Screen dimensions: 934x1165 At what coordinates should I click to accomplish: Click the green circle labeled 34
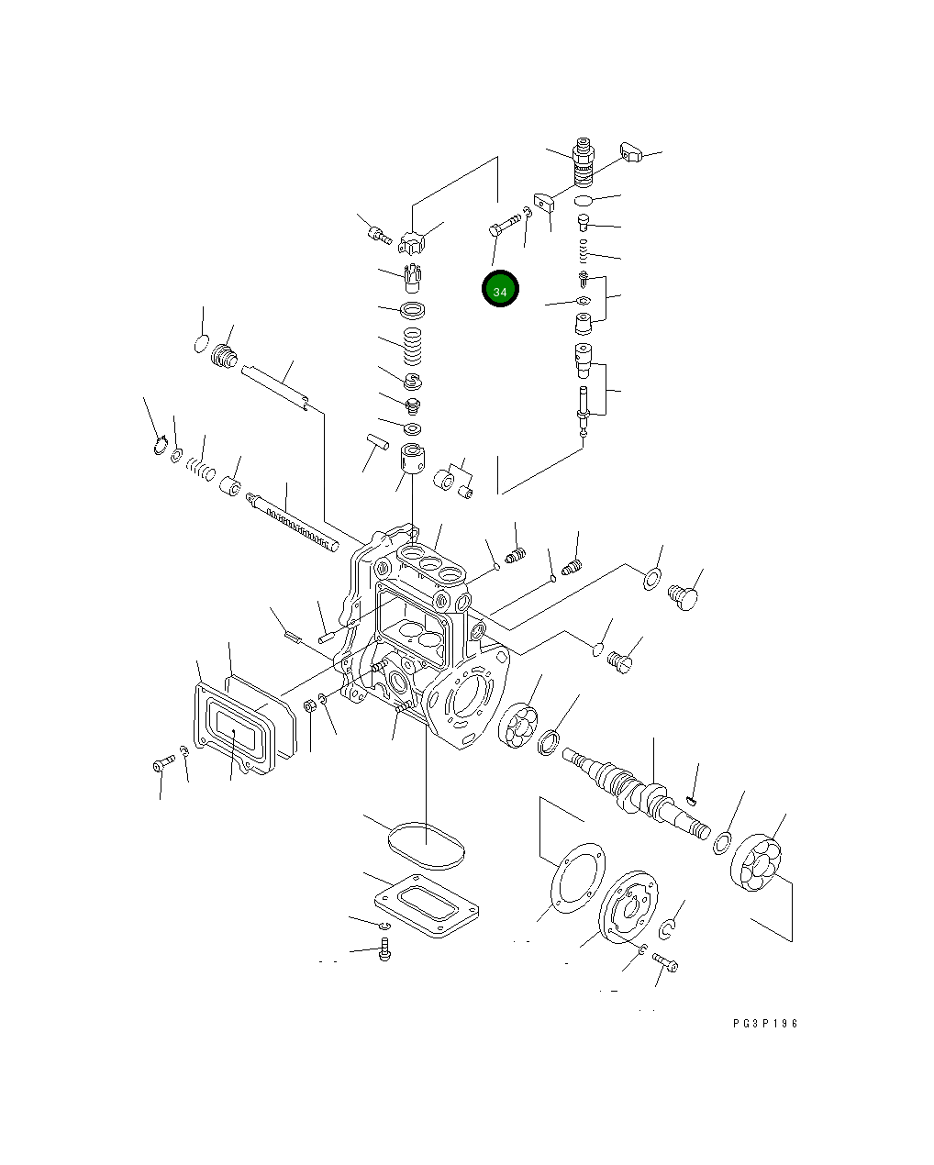click(x=500, y=289)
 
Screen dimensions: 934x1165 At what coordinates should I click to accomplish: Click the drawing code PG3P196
click(x=765, y=1023)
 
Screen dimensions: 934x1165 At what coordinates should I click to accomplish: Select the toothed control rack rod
click(x=293, y=521)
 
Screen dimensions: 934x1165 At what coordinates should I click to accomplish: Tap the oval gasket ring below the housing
click(x=426, y=846)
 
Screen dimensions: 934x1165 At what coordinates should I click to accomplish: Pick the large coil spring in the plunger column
click(x=413, y=346)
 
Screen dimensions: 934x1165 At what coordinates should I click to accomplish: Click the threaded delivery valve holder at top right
click(x=584, y=161)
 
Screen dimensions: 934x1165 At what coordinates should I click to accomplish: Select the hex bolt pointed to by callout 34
click(x=504, y=225)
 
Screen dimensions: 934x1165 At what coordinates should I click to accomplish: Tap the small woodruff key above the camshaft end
click(x=692, y=800)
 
